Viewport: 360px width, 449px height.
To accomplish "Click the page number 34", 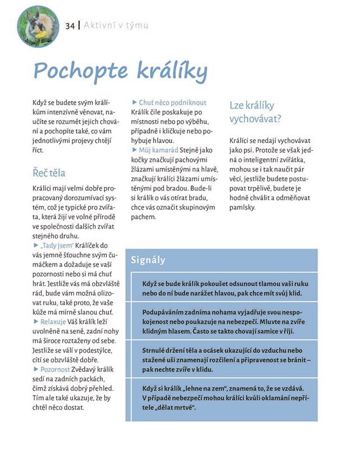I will [x=70, y=26].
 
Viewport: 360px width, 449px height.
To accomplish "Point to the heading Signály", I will [x=148, y=260].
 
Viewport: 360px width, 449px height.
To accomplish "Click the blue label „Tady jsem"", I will [x=57, y=246].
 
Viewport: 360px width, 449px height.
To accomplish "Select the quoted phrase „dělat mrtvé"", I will [x=168, y=407].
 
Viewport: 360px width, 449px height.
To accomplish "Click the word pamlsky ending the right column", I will [x=243, y=207].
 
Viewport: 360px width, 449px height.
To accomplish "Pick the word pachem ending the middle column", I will [x=144, y=217].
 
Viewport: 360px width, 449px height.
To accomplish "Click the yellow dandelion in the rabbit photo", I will [x=41, y=35].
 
